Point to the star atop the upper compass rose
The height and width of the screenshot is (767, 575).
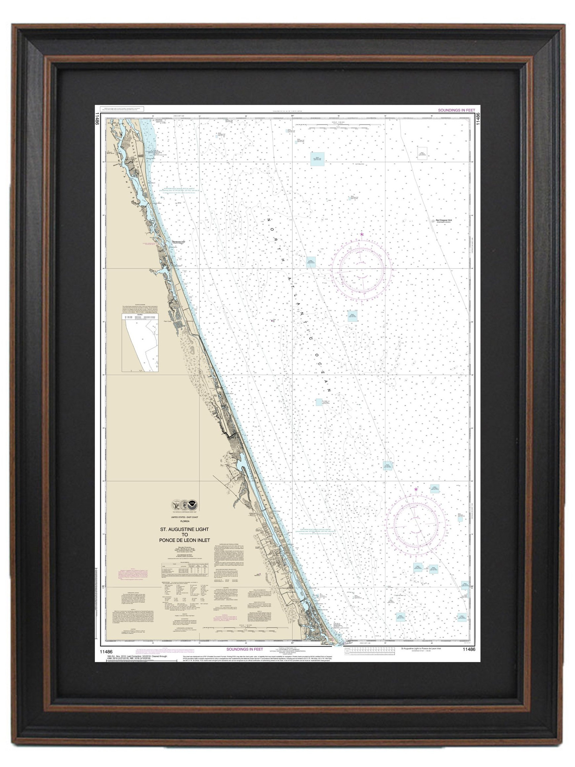click(362, 235)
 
